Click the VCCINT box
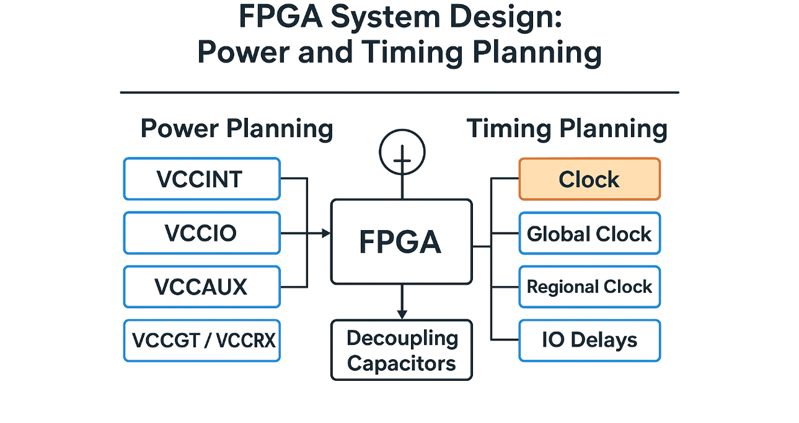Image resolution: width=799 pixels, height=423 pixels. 201,179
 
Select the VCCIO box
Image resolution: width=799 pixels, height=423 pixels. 201,233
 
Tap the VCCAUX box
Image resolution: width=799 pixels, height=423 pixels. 201,287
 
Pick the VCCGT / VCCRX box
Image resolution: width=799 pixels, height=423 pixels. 201,341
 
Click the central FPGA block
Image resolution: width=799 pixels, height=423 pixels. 401,241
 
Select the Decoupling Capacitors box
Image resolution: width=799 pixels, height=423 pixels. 401,350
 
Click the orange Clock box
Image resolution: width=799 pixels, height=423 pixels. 589,179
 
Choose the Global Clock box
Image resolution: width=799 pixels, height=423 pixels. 589,234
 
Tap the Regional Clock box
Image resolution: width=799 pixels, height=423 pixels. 589,287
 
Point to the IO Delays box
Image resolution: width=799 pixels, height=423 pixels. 589,341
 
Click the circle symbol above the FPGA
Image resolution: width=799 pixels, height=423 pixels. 402,152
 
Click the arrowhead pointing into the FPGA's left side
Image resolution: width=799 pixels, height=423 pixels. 326,233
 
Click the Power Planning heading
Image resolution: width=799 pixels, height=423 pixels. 237,129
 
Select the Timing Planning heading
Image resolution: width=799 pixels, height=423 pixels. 567,129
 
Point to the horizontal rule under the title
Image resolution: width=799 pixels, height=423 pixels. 399,92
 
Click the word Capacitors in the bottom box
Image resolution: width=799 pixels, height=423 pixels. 401,363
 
